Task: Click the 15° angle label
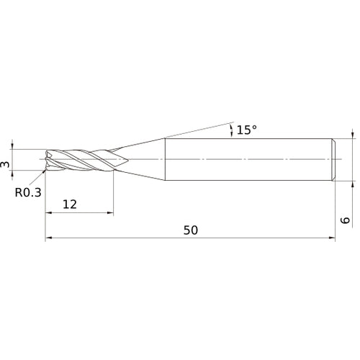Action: pos(246,130)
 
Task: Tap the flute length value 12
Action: pos(70,204)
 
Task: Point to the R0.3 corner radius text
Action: pos(27,192)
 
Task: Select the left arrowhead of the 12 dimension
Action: pos(48,213)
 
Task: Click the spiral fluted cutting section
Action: pos(79,159)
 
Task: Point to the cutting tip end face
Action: pos(47,160)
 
